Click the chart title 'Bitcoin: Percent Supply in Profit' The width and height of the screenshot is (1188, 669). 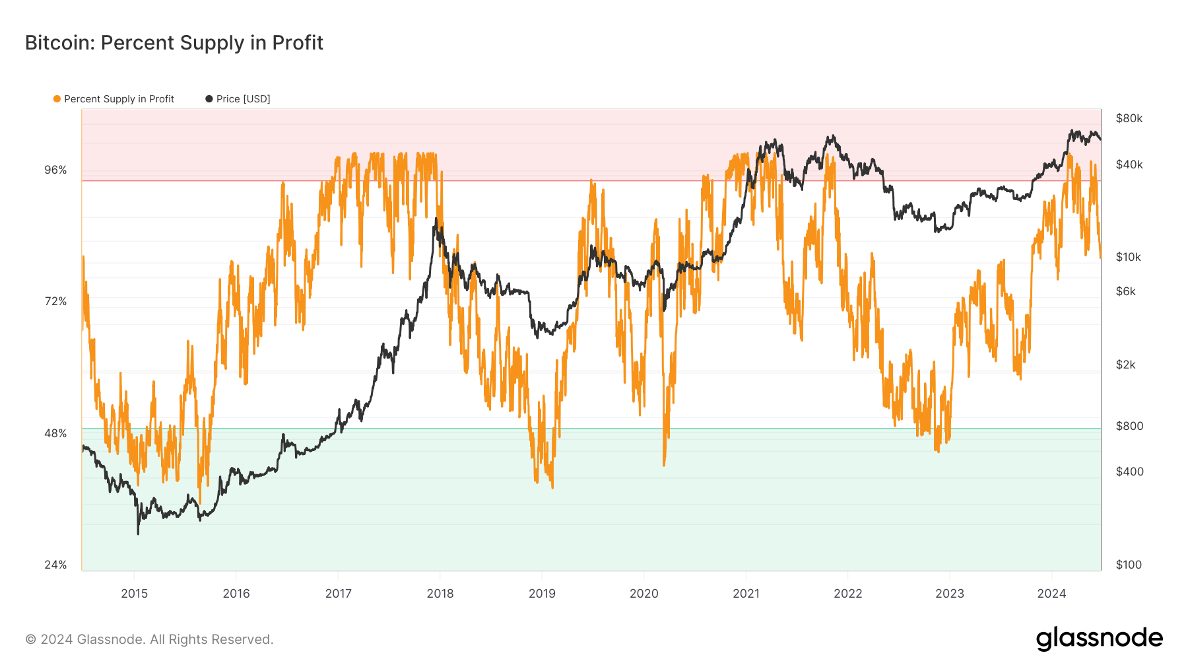(174, 43)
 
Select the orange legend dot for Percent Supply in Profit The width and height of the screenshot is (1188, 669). (57, 99)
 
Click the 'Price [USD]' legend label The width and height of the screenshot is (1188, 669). (243, 99)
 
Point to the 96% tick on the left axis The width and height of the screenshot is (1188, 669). (55, 170)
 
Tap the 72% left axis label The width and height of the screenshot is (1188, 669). (55, 301)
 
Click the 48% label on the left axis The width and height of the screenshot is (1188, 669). (55, 433)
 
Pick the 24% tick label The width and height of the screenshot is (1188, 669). (55, 565)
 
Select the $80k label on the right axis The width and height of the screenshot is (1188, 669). (1129, 118)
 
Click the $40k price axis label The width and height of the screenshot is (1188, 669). (1129, 164)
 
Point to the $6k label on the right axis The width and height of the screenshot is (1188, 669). (1125, 291)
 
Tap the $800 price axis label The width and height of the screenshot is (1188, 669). (1129, 426)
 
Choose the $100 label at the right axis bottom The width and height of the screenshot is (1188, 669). (1129, 565)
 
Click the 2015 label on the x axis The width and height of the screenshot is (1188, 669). (134, 593)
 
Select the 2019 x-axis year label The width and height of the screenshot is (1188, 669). (542, 593)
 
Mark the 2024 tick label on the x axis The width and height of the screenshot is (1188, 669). (1051, 593)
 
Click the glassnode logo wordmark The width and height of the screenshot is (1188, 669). (1099, 639)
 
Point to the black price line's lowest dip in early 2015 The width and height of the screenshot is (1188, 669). (138, 532)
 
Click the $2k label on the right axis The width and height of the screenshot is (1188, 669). (1125, 365)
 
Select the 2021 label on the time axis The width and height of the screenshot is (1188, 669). (746, 593)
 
